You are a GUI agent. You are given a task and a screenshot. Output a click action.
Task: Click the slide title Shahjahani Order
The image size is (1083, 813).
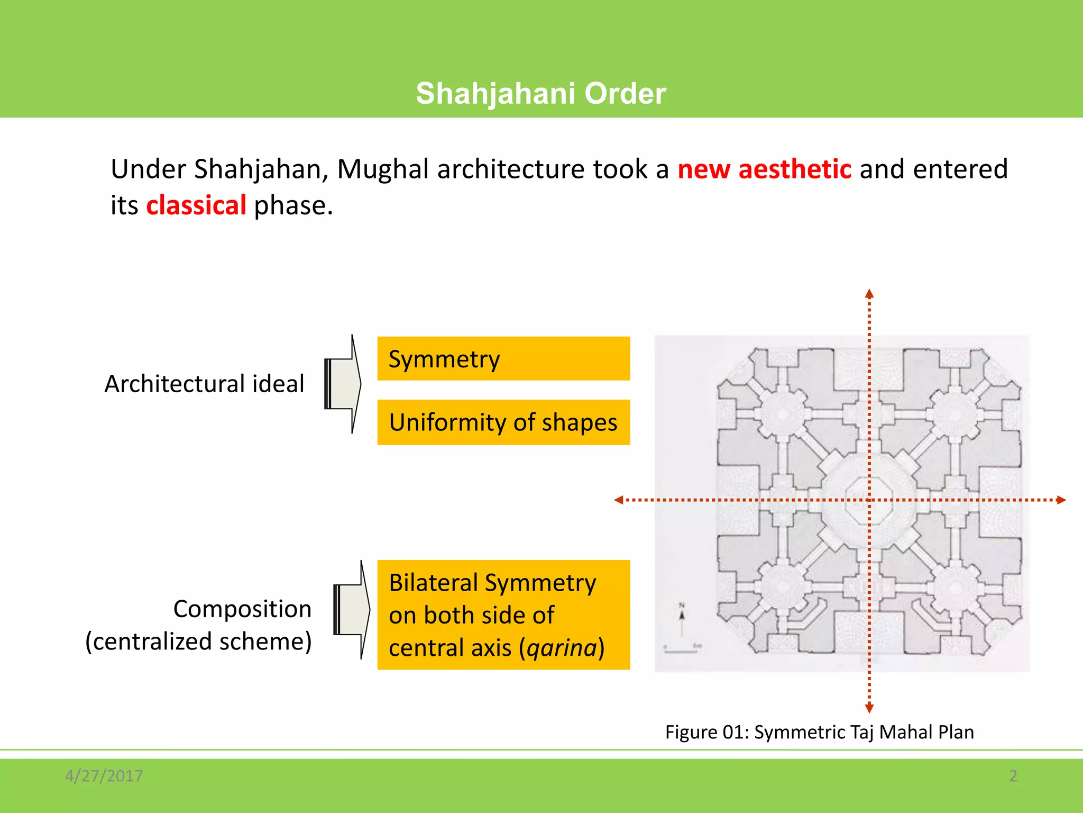(x=540, y=94)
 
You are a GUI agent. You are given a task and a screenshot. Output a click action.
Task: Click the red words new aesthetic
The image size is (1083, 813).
(x=764, y=169)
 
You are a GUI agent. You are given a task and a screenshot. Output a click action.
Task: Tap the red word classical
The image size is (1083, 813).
(x=196, y=205)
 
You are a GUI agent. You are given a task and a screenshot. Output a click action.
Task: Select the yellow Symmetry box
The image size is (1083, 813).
(x=503, y=359)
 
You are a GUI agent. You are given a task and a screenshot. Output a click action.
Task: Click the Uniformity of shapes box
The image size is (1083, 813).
(x=503, y=422)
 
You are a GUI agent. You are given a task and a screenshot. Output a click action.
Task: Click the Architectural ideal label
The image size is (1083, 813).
(x=204, y=384)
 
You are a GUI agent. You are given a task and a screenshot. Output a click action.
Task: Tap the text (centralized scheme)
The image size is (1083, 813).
(x=198, y=642)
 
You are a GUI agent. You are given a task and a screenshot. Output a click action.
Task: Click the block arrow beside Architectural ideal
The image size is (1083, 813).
(x=343, y=384)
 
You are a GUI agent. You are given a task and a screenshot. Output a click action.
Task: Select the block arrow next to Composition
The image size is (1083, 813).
(x=352, y=610)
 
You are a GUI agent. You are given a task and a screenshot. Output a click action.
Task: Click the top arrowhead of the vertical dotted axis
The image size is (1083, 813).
(x=869, y=294)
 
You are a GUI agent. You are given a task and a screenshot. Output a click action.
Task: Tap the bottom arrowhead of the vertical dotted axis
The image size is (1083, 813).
(x=869, y=708)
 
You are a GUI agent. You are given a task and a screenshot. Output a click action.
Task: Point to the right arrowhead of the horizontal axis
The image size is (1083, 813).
(x=1061, y=500)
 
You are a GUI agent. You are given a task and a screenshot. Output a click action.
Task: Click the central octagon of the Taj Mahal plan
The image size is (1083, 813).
(x=869, y=500)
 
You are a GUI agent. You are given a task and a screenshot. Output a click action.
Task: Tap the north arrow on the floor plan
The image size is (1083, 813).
(x=682, y=617)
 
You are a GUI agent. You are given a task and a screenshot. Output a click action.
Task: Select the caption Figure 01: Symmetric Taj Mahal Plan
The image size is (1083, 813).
(x=819, y=732)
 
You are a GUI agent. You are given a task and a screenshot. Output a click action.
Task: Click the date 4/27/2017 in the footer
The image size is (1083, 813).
(x=104, y=776)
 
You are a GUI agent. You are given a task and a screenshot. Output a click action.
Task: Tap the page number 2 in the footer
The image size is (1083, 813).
(x=1013, y=776)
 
